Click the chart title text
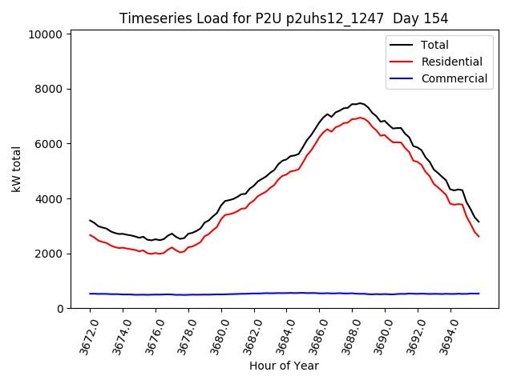284,18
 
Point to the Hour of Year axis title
284,366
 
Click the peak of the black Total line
361,103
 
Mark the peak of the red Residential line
361,118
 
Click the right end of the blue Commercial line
479,294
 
